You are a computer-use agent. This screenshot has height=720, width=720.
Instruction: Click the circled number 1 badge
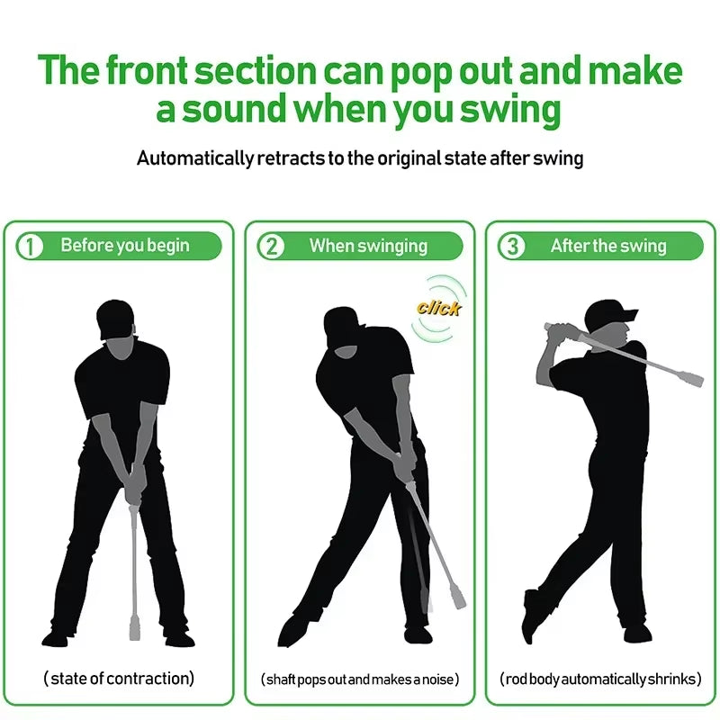(31, 246)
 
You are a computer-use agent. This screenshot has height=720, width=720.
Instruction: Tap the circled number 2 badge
(272, 246)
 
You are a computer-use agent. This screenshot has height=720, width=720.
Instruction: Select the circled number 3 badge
(512, 246)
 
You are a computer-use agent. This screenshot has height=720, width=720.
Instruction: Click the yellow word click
(438, 308)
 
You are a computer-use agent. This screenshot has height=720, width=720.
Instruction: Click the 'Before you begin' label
(125, 246)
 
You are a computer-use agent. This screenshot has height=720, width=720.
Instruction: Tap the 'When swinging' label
(368, 246)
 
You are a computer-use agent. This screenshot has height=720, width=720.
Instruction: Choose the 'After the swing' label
(608, 246)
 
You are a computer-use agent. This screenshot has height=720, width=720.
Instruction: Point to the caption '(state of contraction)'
(119, 678)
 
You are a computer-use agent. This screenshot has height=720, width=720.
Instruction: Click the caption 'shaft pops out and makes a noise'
(360, 679)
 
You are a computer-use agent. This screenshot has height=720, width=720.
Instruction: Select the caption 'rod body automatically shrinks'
(600, 679)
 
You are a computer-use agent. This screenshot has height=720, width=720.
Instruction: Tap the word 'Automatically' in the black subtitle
(192, 158)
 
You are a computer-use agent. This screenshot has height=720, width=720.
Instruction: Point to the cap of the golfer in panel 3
(609, 314)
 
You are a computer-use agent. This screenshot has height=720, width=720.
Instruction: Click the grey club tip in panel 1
(134, 629)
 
